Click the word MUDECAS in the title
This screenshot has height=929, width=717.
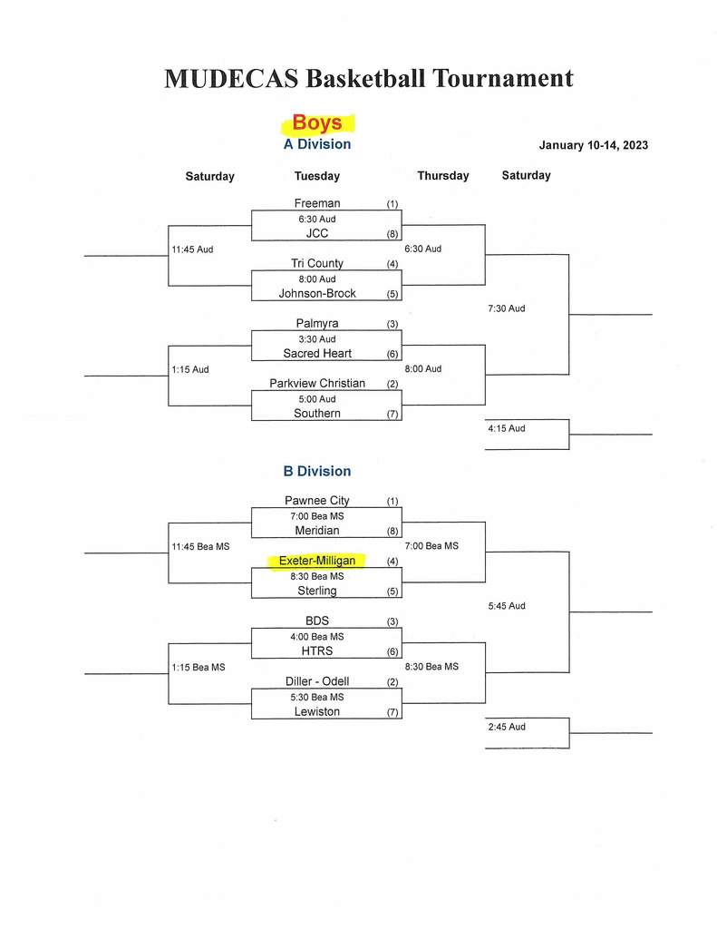(x=231, y=79)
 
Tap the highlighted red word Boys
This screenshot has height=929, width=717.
(x=316, y=122)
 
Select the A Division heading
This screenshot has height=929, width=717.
(x=316, y=144)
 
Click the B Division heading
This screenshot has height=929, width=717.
(x=316, y=471)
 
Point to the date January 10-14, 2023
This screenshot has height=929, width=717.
(x=593, y=145)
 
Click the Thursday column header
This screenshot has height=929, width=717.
(x=443, y=175)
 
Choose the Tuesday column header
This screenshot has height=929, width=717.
(x=316, y=176)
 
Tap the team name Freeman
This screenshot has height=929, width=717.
(x=316, y=202)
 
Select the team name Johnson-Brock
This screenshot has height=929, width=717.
(x=317, y=293)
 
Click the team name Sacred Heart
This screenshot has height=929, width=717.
(x=317, y=353)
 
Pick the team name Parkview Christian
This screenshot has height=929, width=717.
(x=317, y=384)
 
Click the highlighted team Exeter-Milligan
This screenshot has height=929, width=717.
(x=317, y=561)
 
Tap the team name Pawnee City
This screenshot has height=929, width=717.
(x=316, y=501)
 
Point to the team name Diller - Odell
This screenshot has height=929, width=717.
(x=317, y=681)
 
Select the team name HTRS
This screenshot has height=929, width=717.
(x=317, y=651)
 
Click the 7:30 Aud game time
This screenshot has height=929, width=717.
(x=506, y=308)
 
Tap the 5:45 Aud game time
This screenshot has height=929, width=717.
(x=506, y=606)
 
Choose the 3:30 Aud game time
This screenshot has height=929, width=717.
(x=316, y=339)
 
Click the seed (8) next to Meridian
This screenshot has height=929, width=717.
(x=392, y=532)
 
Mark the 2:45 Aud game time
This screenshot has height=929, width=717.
(x=506, y=727)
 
